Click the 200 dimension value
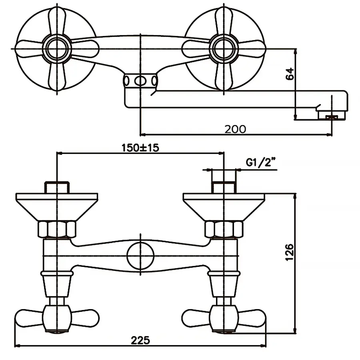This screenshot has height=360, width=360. (235, 129)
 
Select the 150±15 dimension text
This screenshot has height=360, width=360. (140, 147)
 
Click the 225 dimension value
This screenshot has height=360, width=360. (141, 340)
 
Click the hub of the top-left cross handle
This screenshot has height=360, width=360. (58, 48)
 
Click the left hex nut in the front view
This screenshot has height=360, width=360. (58, 229)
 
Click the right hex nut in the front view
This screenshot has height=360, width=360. (224, 229)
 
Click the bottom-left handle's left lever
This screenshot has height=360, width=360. (30, 318)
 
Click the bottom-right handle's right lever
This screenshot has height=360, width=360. (250, 318)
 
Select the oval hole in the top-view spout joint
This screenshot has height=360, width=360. (140, 80)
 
